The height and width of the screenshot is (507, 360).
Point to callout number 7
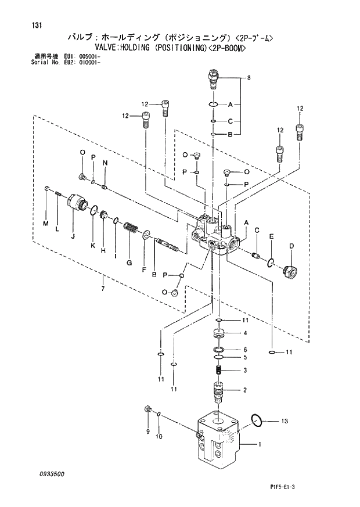[x=103, y=289]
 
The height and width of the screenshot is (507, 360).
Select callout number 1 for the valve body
[x=260, y=445]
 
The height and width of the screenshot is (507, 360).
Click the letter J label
[x=73, y=236]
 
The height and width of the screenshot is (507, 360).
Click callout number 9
[x=147, y=431]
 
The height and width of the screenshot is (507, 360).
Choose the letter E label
[x=271, y=236]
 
